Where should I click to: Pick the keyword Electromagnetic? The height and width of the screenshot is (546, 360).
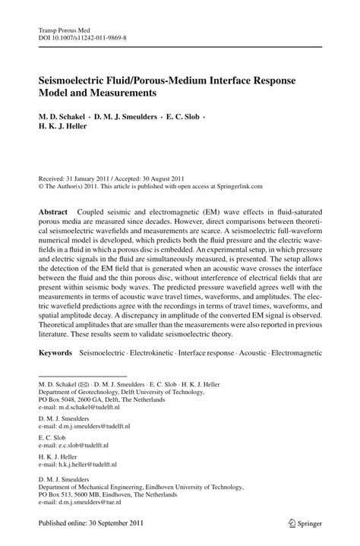(x=294, y=353)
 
